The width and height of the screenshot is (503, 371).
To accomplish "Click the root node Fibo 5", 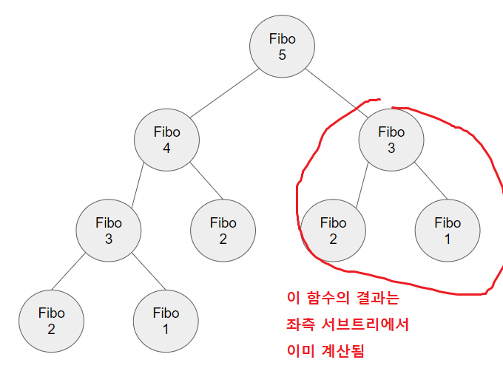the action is pyautogui.click(x=282, y=47).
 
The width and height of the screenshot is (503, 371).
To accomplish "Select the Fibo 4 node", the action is pyautogui.click(x=167, y=140).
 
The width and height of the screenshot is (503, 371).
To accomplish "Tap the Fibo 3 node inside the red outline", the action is pyautogui.click(x=391, y=140).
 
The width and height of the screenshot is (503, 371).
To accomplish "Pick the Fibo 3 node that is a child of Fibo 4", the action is pyautogui.click(x=109, y=230).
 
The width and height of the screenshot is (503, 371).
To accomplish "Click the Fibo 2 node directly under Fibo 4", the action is pyautogui.click(x=223, y=230).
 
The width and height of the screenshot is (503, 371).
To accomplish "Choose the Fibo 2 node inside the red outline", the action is pyautogui.click(x=334, y=230).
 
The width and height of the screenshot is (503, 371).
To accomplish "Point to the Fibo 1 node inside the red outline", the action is pyautogui.click(x=448, y=230).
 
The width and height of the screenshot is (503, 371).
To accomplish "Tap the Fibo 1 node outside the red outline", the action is pyautogui.click(x=166, y=321).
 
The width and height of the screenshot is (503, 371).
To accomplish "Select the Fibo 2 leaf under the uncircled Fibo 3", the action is pyautogui.click(x=51, y=321).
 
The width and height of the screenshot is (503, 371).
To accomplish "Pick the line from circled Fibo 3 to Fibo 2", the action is pyautogui.click(x=360, y=186).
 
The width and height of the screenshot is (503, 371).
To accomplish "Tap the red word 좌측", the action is pyautogui.click(x=301, y=324).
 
